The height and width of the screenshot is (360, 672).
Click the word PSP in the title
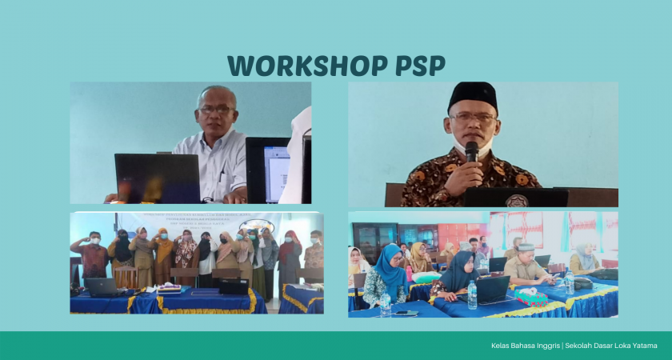[418, 66]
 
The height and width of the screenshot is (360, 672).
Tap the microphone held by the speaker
[471, 151]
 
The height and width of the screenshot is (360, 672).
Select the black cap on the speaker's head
[472, 95]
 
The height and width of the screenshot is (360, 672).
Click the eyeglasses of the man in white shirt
[216, 110]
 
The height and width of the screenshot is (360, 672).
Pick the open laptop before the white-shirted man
[157, 178]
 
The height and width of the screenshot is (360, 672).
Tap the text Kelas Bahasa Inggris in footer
[526, 346]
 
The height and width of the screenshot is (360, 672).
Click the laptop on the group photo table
[102, 286]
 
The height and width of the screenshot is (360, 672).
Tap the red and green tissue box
[530, 297]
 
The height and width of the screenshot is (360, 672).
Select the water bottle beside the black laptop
[472, 294]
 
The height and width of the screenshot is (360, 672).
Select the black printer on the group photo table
[234, 286]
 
